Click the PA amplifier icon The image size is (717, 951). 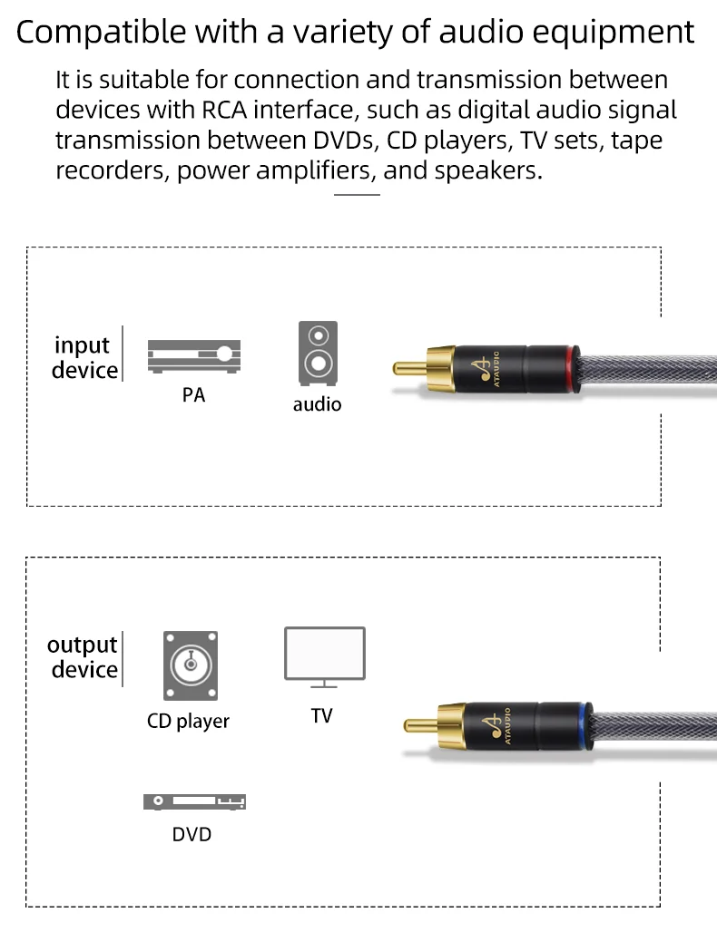(x=194, y=356)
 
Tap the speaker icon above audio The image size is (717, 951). (x=318, y=354)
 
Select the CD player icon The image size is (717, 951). (x=191, y=665)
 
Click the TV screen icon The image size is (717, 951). (x=324, y=654)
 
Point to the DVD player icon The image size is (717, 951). (x=194, y=801)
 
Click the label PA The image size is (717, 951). (x=193, y=396)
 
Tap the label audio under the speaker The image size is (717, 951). (x=317, y=404)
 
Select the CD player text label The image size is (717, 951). (x=188, y=722)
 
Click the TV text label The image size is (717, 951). (x=321, y=716)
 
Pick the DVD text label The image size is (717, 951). (x=192, y=834)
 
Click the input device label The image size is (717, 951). (x=84, y=357)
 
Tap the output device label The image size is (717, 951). (x=83, y=657)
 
